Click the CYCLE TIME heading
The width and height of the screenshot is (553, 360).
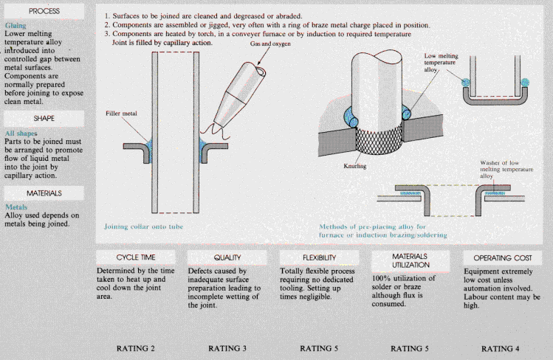tap(135, 257)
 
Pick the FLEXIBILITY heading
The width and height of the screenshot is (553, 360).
tap(318, 257)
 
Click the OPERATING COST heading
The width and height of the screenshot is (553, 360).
tap(502, 257)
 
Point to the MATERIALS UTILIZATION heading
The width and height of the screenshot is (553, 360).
tap(410, 259)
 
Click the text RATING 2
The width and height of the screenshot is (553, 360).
tap(135, 347)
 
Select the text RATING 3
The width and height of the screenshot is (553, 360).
tap(227, 347)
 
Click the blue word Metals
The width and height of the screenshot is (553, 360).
tap(16, 208)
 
